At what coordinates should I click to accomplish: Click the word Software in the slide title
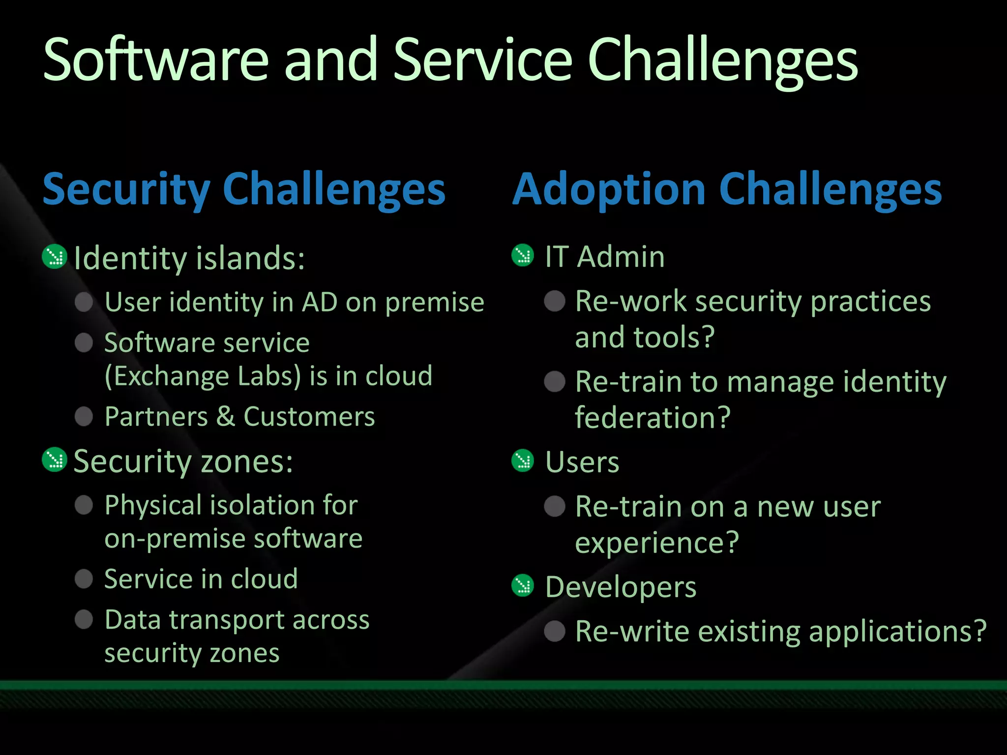point(155,60)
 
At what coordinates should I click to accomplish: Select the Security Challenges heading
point(244,190)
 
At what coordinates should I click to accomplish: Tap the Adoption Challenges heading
point(727,190)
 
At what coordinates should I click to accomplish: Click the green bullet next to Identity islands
point(55,256)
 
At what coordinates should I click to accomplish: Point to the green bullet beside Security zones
point(55,460)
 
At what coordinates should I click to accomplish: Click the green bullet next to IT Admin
point(522,255)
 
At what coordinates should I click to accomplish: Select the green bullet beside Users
point(522,461)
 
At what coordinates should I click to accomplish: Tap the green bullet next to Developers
point(522,585)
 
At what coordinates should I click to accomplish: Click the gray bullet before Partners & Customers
point(84,416)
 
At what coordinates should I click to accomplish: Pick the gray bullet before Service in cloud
point(84,579)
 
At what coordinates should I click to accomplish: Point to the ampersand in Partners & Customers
point(226,416)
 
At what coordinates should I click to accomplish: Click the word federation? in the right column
point(652,418)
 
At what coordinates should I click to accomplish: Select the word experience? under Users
point(657,543)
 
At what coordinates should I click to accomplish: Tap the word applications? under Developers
point(897,631)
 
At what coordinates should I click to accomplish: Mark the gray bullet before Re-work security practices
point(555,301)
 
